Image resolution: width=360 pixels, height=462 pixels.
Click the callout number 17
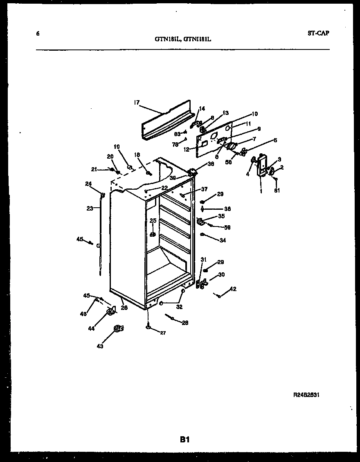point(137,103)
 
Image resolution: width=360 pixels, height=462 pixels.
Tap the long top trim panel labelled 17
point(166,120)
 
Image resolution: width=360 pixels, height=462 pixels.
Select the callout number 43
point(100,346)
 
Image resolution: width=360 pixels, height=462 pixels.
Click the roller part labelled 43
point(118,328)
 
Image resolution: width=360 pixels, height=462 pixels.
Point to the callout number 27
point(163,333)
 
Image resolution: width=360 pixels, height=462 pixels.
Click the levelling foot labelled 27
point(148,327)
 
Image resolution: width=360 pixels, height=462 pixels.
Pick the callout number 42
point(233,289)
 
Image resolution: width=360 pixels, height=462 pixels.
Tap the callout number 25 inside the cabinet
point(153,221)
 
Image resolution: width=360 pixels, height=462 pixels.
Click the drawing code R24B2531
point(306,395)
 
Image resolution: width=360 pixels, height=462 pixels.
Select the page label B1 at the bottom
point(184,440)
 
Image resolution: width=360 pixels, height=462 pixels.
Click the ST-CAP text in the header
point(318,34)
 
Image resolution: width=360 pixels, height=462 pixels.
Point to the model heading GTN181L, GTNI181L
point(183,39)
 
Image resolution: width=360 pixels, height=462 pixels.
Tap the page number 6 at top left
point(38,34)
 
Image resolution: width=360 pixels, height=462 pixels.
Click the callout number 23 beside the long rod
point(90,208)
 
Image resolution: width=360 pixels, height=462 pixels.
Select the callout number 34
point(223,240)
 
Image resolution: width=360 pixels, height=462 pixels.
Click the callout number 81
point(277,191)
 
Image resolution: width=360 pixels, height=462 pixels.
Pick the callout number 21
point(94,169)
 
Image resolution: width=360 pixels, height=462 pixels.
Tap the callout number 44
point(91,328)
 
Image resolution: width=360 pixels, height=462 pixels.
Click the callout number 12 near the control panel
point(186,150)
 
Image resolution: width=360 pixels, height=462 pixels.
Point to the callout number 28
point(185,323)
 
